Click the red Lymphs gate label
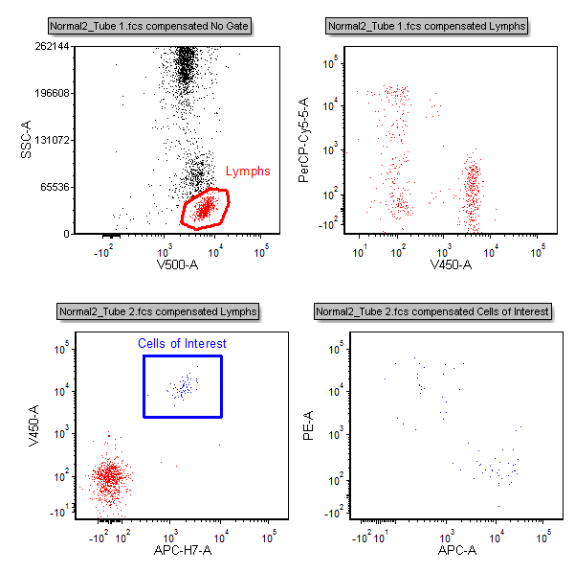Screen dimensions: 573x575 pos(248,172)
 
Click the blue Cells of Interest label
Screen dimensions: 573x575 pos(182,343)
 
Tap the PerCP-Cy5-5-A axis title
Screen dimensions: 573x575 pos(303,141)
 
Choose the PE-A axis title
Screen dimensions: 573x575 pos(308,425)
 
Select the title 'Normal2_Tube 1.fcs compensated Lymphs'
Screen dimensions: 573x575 pos(427,26)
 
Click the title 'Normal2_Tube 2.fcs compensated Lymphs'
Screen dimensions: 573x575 pos(159,311)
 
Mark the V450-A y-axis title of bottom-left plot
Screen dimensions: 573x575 pos(33,425)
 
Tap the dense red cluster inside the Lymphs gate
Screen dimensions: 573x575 pos(205,208)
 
